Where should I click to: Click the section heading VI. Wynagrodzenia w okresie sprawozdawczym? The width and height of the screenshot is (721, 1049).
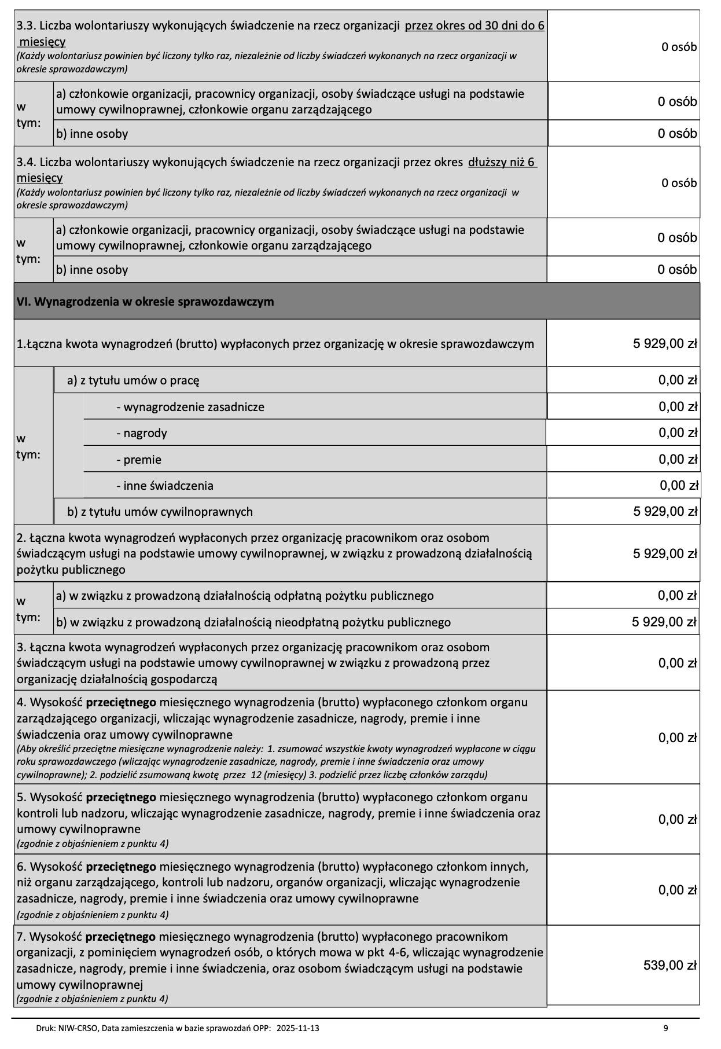pyautogui.click(x=145, y=302)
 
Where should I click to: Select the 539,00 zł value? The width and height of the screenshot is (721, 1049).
pyautogui.click(x=669, y=965)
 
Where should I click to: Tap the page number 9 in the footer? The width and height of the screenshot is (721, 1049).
pyautogui.click(x=665, y=1028)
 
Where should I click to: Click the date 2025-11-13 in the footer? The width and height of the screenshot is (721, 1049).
pyautogui.click(x=298, y=1028)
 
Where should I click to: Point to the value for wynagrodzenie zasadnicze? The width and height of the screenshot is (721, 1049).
pyautogui.click(x=678, y=406)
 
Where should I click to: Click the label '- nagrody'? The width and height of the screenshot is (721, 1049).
pyautogui.click(x=142, y=433)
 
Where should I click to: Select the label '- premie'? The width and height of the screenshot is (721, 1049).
pyautogui.click(x=139, y=460)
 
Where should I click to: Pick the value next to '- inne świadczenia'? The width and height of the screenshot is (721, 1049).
pyautogui.click(x=679, y=485)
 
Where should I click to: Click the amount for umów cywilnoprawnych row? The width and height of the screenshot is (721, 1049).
pyautogui.click(x=665, y=511)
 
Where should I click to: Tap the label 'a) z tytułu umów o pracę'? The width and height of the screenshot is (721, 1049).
pyautogui.click(x=133, y=380)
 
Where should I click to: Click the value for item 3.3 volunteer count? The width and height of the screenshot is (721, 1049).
pyautogui.click(x=679, y=47)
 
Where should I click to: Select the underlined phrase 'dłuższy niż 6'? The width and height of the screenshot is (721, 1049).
pyautogui.click(x=502, y=162)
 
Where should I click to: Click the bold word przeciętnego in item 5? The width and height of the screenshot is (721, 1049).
pyautogui.click(x=121, y=797)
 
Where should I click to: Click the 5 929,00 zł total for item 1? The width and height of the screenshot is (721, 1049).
pyautogui.click(x=665, y=343)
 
